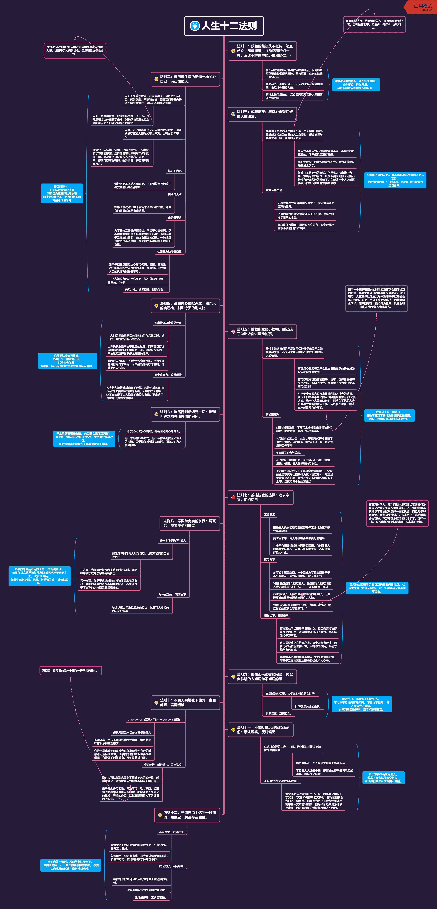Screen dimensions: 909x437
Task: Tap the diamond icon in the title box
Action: (194, 26)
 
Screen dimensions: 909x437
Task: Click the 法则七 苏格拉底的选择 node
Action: (263, 498)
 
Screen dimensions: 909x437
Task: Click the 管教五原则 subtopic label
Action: (272, 415)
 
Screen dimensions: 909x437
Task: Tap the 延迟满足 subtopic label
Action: (270, 515)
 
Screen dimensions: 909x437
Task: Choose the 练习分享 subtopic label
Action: (270, 560)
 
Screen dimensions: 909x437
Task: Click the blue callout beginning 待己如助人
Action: (62, 193)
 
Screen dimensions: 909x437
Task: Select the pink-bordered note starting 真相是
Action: (71, 671)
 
